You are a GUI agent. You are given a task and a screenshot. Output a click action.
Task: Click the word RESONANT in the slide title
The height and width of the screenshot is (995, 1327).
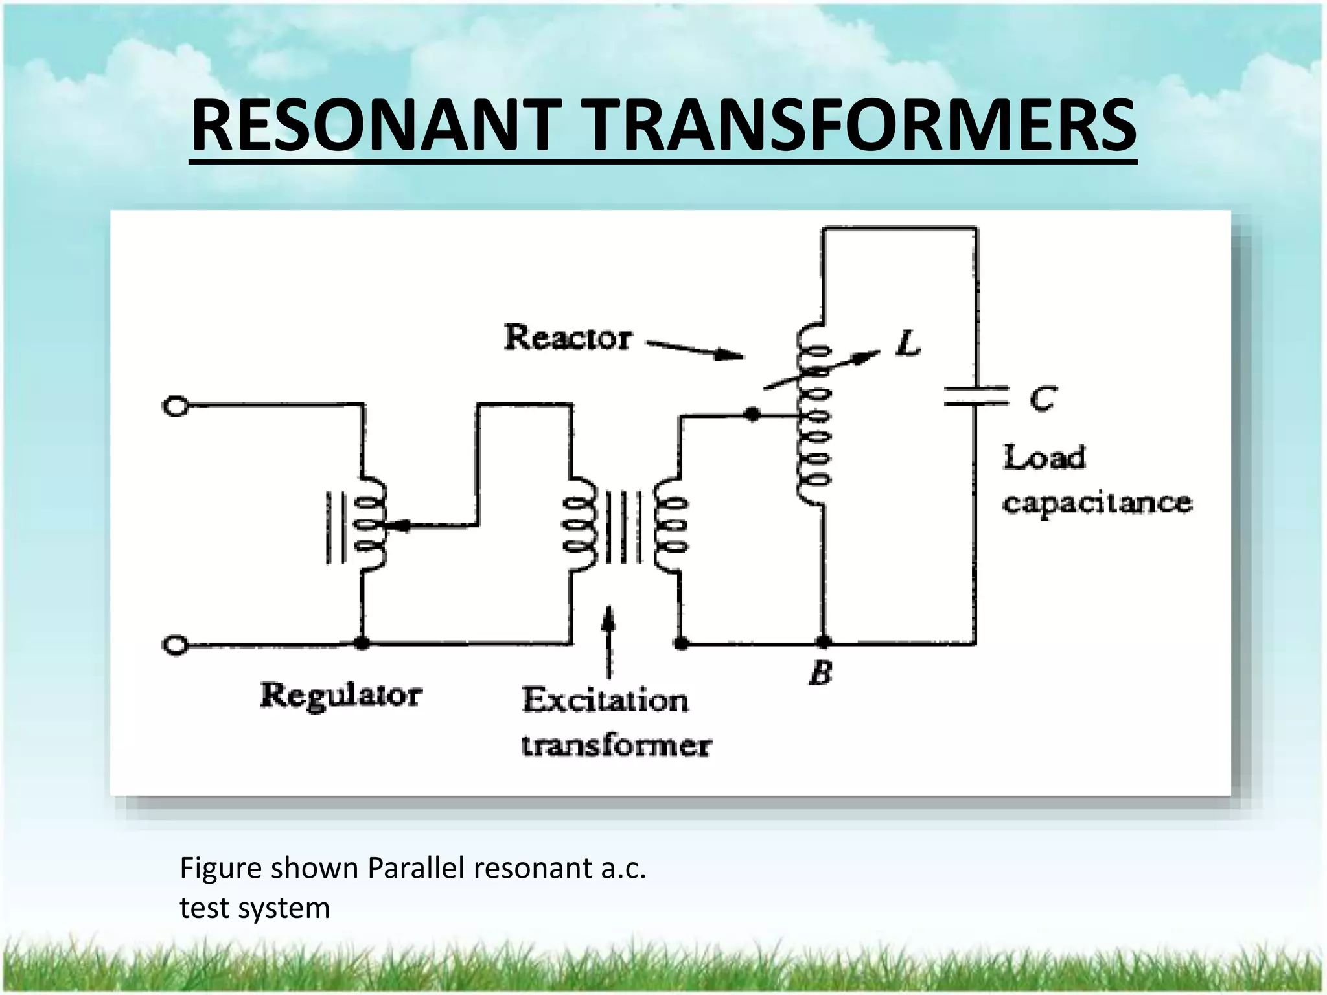(x=376, y=126)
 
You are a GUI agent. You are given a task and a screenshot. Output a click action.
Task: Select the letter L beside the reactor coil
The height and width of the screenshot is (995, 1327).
(x=909, y=343)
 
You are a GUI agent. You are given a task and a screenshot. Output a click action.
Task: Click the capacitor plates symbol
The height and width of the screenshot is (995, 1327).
(x=976, y=396)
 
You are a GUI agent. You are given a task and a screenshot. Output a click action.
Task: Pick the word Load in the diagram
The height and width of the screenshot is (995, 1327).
(x=1044, y=457)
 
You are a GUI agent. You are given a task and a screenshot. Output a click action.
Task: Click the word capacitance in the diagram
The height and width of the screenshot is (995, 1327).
(x=1097, y=503)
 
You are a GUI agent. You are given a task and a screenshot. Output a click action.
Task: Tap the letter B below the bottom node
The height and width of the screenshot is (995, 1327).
(x=821, y=673)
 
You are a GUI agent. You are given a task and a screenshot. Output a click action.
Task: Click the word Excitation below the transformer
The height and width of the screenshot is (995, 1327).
(x=605, y=700)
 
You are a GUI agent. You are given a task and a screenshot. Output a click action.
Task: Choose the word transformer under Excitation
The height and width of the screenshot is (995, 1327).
(x=616, y=746)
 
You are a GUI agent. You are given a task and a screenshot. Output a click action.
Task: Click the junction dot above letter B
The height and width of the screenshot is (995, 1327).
(x=823, y=643)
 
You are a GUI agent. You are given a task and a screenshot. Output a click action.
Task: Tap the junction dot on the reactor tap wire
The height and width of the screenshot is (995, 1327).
(x=752, y=414)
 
